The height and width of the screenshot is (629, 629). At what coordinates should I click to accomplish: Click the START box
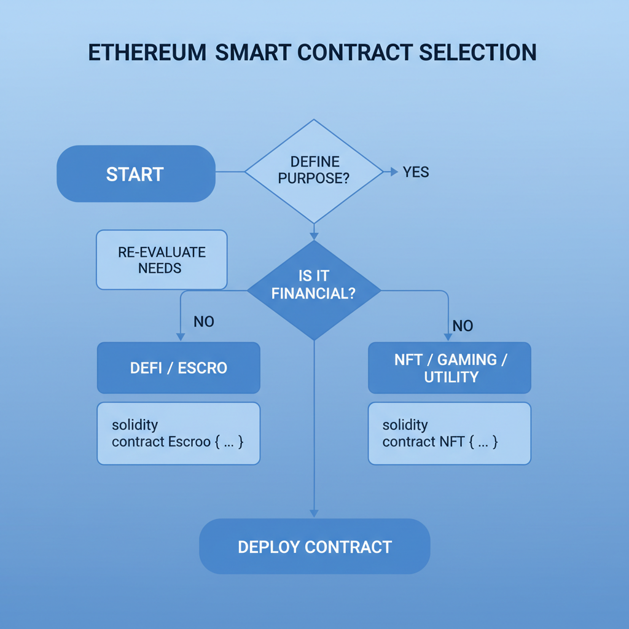[x=136, y=174]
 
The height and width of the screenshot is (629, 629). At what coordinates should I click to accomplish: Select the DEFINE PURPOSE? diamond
[x=314, y=171]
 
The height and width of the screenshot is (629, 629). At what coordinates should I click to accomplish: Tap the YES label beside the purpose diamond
[x=416, y=172]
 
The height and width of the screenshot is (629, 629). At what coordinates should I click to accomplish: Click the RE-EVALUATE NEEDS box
[x=162, y=260]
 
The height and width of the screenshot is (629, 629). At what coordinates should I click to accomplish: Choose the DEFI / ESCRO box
[x=178, y=368]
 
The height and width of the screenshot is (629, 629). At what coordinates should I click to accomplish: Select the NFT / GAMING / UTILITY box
[x=450, y=368]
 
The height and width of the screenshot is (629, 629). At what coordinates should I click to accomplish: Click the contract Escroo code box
[x=178, y=433]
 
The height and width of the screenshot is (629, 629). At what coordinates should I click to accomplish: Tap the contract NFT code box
[x=450, y=433]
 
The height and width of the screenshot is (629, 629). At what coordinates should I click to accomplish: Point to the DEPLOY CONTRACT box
[x=314, y=547]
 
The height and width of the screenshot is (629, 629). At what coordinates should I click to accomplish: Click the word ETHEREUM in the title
[x=147, y=53]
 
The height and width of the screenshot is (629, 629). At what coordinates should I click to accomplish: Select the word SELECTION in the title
[x=478, y=53]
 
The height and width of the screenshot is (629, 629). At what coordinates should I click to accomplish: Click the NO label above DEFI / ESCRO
[x=203, y=321]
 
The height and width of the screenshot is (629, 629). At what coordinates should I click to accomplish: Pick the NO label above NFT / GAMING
[x=463, y=326]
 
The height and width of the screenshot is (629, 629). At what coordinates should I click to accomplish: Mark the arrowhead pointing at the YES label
[x=394, y=172]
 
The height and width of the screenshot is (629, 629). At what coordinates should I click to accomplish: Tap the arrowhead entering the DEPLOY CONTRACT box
[x=314, y=513]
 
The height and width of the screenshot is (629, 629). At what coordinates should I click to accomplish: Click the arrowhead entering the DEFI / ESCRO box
[x=180, y=337]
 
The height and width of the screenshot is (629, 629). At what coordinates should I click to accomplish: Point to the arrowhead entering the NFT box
[x=448, y=337]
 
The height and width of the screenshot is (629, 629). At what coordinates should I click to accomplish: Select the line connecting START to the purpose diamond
[x=230, y=172]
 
